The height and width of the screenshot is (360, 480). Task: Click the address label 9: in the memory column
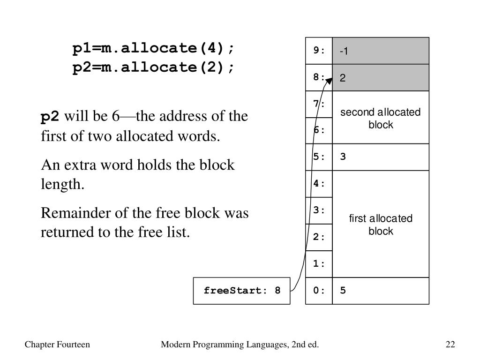point(319,51)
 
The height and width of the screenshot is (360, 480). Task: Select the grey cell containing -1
point(380,51)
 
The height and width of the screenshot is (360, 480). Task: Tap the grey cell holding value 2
point(380,78)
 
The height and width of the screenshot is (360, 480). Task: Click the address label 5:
point(319,157)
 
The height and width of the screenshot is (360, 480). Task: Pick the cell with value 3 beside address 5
point(380,157)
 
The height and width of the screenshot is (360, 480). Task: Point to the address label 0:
point(319,291)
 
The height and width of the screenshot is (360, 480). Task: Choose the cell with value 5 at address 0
point(380,291)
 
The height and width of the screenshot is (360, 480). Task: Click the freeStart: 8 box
point(241,291)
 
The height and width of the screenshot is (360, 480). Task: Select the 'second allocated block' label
point(380,118)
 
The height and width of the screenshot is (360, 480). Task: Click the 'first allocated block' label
point(380,225)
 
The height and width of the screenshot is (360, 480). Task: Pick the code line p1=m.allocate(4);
point(153,48)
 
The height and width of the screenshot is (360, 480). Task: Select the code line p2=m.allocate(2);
point(153,67)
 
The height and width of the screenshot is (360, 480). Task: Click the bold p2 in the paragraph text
point(50,116)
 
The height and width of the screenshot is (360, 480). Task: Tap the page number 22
point(450,345)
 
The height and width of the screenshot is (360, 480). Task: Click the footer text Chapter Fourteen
point(57,345)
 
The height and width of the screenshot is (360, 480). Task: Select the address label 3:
point(319,210)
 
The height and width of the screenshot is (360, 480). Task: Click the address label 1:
point(319,264)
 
